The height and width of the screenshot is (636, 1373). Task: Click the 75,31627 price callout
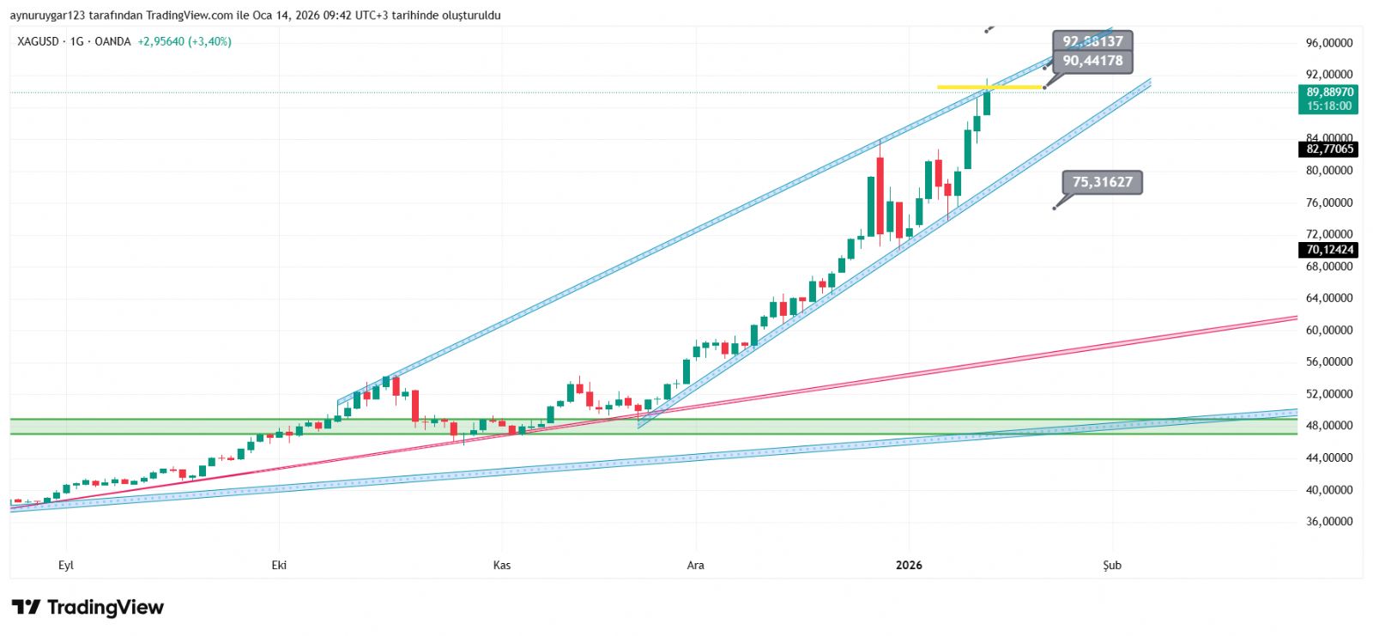pyautogui.click(x=1103, y=182)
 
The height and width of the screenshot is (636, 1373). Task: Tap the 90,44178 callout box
pyautogui.click(x=1092, y=61)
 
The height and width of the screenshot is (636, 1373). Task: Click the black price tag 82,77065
pyautogui.click(x=1329, y=149)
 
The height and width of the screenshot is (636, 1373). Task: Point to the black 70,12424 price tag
pyautogui.click(x=1329, y=250)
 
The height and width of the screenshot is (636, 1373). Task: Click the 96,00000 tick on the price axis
pyautogui.click(x=1329, y=43)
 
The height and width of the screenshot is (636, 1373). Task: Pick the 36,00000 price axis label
pyautogui.click(x=1329, y=522)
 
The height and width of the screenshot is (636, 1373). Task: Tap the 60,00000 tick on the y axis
pyautogui.click(x=1329, y=330)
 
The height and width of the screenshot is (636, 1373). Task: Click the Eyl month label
pyautogui.click(x=66, y=566)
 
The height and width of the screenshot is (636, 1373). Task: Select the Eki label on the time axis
pyautogui.click(x=279, y=566)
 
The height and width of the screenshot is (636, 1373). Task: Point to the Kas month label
pyautogui.click(x=502, y=566)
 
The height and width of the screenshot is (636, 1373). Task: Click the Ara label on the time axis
pyautogui.click(x=695, y=566)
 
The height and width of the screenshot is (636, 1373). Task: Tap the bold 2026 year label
pyautogui.click(x=909, y=566)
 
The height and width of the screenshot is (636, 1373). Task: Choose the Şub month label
pyautogui.click(x=1112, y=566)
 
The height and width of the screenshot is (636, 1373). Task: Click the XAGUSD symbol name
pyautogui.click(x=39, y=41)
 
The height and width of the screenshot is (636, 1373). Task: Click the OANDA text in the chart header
pyautogui.click(x=112, y=41)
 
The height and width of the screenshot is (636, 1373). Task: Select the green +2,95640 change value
pyautogui.click(x=160, y=41)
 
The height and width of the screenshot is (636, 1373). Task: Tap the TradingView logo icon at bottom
pyautogui.click(x=26, y=608)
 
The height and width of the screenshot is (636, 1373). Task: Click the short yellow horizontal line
pyautogui.click(x=987, y=87)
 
